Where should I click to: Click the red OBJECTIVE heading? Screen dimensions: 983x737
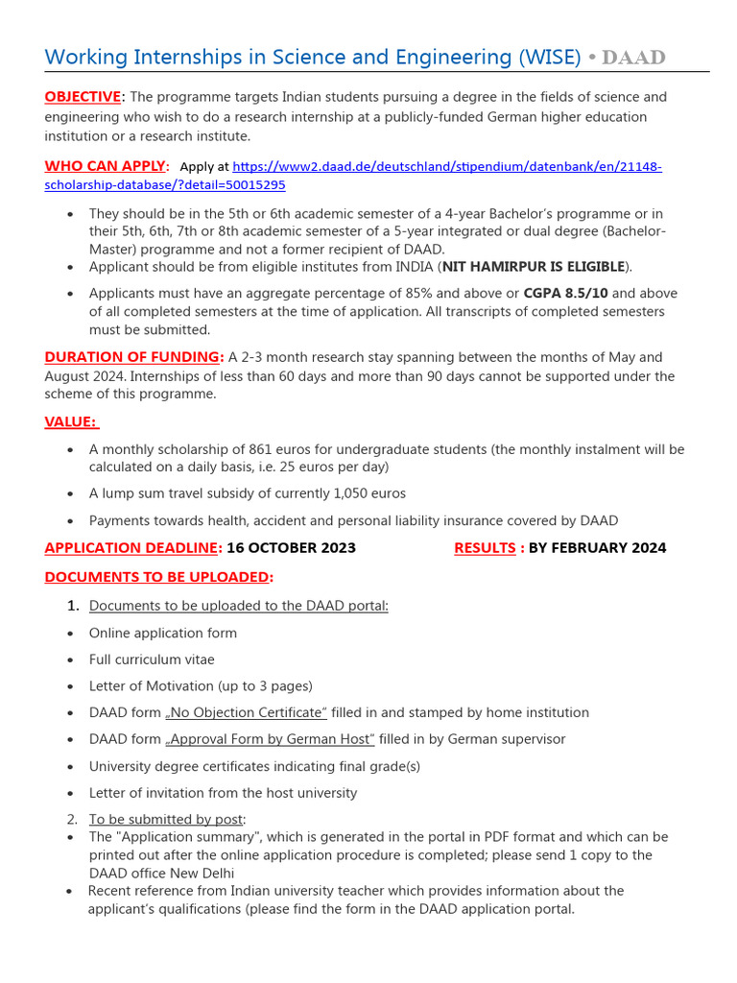[x=83, y=97]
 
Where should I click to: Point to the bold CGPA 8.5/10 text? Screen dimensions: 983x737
[x=565, y=293]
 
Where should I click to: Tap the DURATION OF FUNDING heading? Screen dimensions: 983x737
[x=133, y=357]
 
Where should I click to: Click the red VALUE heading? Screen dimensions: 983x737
[x=71, y=422]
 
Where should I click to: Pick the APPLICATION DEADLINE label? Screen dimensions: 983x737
[x=132, y=548]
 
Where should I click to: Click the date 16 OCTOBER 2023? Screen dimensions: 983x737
[x=291, y=548]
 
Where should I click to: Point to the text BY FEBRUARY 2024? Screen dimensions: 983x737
[x=597, y=548]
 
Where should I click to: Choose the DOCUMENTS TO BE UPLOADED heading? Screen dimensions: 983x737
[x=158, y=577]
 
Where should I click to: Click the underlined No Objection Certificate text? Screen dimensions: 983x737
[x=247, y=712]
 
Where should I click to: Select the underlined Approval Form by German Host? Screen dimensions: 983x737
[x=270, y=739]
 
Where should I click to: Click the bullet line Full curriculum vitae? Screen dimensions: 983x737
[x=152, y=659]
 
